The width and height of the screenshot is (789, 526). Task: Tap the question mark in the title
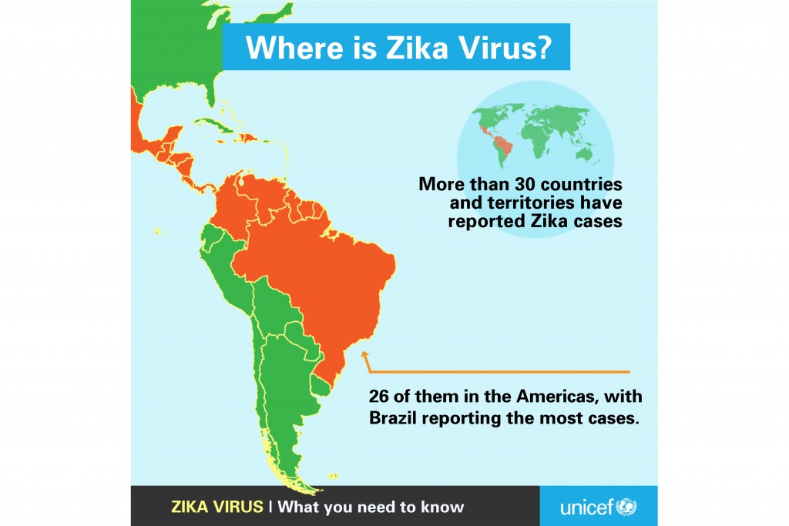point(543,48)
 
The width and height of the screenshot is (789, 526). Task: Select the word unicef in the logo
point(586,507)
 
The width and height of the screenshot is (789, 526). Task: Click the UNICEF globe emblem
point(626,507)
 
